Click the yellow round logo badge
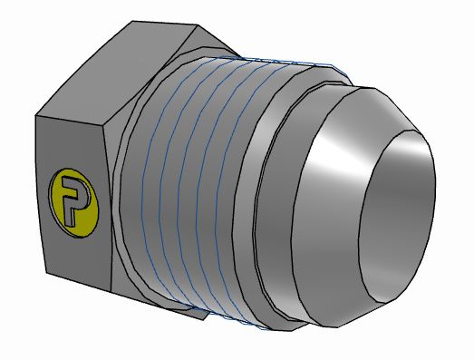tap(73, 198)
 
